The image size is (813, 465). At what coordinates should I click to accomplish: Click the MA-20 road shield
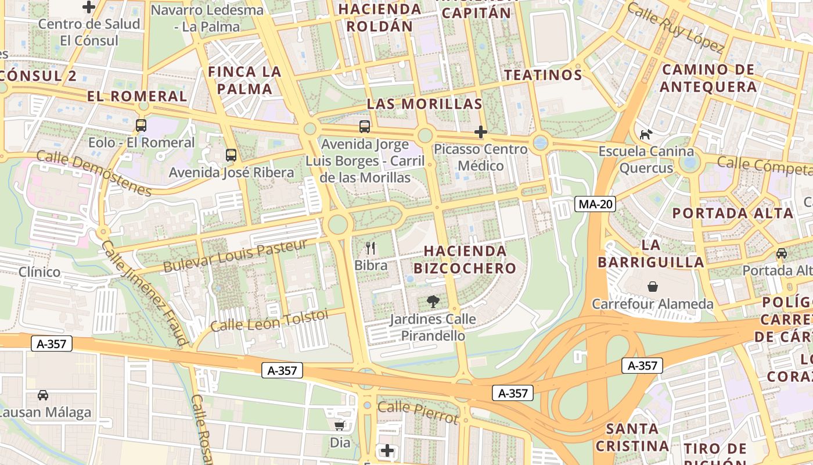pos(595,204)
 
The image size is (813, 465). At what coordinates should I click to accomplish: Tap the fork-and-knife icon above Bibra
pos(371,248)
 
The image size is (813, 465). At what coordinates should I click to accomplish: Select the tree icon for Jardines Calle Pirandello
pos(433,302)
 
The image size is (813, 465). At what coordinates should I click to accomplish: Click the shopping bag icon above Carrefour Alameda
pos(653,287)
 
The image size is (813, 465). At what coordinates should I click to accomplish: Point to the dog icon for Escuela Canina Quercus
pos(646,134)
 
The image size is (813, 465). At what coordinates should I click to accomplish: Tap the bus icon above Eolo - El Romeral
pos(141,125)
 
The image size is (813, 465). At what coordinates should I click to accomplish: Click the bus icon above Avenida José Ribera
pos(231,155)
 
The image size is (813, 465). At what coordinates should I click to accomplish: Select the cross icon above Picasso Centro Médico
pos(480,132)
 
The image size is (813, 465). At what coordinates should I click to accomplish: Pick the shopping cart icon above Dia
pos(340,425)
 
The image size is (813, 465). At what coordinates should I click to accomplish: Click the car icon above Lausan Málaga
pos(43,395)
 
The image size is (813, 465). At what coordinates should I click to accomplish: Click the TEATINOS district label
pos(543,75)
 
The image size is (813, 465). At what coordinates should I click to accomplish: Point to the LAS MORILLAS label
pos(425,104)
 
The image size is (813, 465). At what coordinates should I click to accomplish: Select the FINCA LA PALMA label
pos(244,80)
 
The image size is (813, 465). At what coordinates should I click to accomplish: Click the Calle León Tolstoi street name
pos(269,321)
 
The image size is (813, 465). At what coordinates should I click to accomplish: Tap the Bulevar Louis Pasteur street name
pos(235,256)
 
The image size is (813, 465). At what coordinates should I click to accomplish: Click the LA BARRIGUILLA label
pos(651,253)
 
